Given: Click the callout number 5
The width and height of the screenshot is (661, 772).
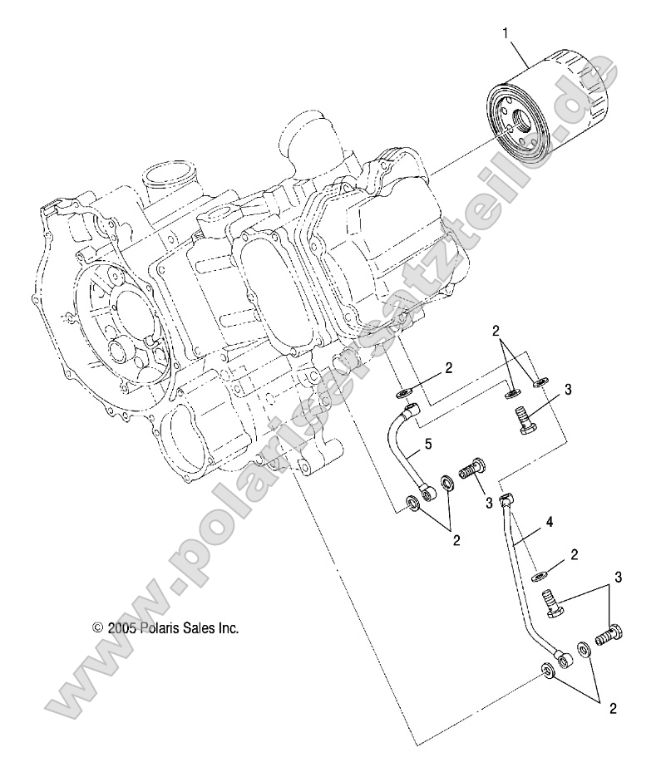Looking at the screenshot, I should [x=427, y=445].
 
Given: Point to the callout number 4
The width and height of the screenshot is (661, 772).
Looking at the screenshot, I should [x=547, y=523].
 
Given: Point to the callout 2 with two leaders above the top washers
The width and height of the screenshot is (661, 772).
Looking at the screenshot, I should [x=519, y=331].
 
